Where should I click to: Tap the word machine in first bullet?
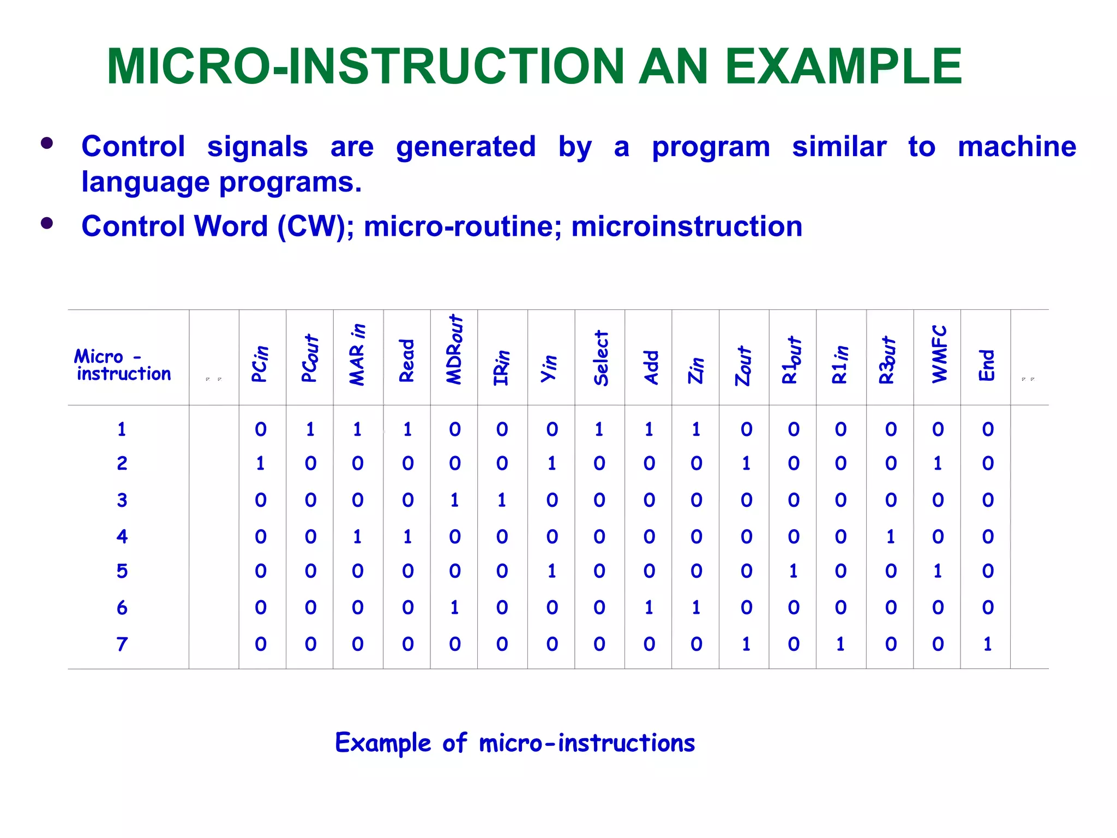1017,146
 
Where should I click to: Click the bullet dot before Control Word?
47,223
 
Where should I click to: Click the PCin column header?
261,364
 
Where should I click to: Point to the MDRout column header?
454,350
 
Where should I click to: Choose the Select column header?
600,358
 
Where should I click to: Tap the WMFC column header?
939,354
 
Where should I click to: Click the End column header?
987,365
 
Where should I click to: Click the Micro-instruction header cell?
123,365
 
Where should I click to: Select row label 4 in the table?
122,536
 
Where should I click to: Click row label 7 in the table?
122,644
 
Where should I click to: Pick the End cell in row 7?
987,644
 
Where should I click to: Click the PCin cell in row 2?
261,463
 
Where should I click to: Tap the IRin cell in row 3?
502,500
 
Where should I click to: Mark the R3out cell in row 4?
891,536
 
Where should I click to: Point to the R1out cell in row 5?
794,571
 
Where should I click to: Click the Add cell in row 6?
649,607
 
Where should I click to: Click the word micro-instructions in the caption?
587,743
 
